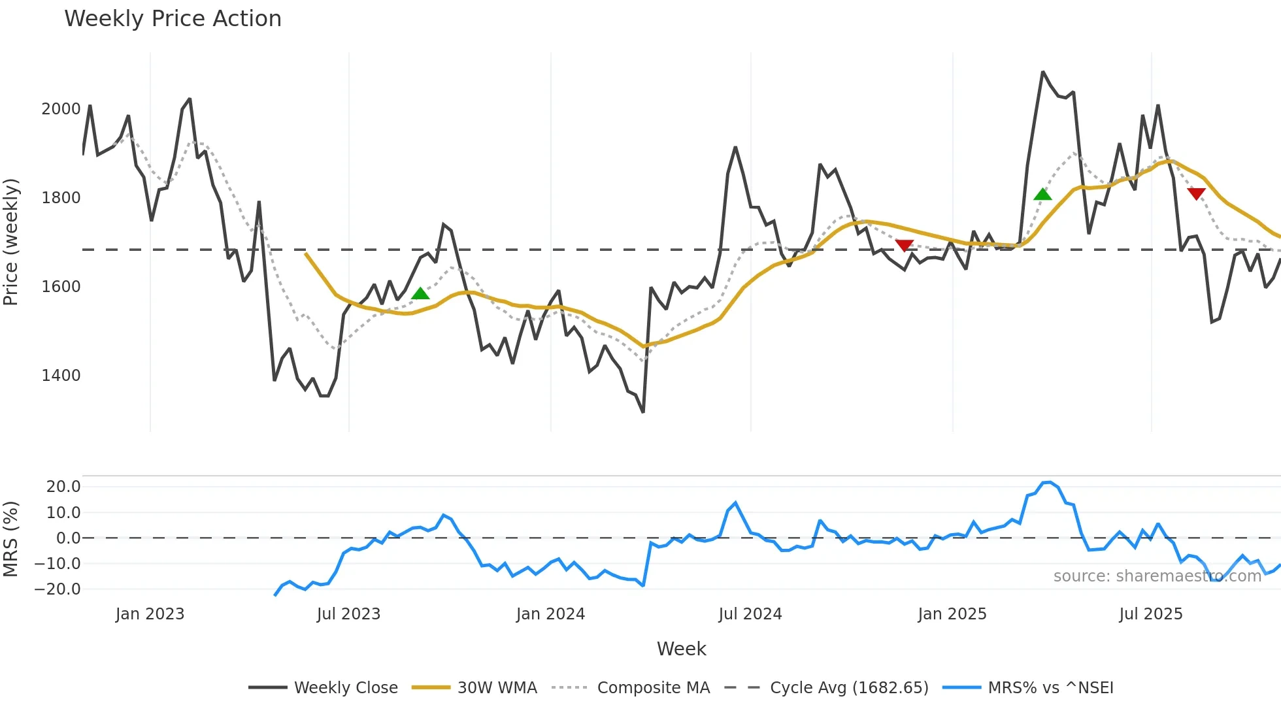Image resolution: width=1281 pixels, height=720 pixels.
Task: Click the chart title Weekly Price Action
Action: coord(173,19)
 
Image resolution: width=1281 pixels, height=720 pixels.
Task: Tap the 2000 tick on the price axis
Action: coord(61,109)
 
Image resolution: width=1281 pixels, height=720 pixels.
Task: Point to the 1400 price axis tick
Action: coord(61,376)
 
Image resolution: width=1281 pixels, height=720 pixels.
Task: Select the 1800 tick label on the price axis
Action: coord(61,198)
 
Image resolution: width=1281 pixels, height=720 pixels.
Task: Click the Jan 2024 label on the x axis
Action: coord(550,614)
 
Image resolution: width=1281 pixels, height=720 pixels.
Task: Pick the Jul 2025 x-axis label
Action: coord(1150,614)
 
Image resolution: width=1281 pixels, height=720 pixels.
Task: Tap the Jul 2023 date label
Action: coord(348,614)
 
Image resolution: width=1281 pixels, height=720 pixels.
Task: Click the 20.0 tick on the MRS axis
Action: coord(63,487)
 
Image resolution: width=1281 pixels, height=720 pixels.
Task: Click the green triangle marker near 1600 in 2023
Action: coord(420,293)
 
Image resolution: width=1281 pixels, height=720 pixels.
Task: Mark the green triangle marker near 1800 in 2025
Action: coord(1042,194)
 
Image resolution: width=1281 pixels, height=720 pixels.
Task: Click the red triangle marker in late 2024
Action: coord(904,246)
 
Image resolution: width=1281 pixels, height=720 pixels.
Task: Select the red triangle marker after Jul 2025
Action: coord(1196,193)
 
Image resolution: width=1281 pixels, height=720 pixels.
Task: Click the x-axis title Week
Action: coord(681,649)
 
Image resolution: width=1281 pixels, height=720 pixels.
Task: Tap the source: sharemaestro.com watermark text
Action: coord(1157,576)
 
